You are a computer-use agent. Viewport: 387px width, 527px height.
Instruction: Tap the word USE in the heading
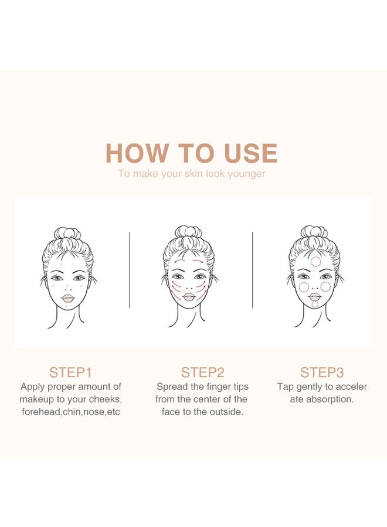[250, 153]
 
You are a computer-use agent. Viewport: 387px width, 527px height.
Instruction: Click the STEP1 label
[70, 372]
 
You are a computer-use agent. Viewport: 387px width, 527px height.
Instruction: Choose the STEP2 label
[202, 372]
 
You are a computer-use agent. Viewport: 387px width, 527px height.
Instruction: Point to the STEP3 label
[322, 372]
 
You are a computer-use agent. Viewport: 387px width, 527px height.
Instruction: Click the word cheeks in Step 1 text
[107, 399]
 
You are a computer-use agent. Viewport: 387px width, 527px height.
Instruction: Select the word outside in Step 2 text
[226, 412]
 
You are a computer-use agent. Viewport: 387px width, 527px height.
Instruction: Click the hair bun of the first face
[67, 232]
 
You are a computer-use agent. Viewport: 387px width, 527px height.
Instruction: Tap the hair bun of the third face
[314, 231]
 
